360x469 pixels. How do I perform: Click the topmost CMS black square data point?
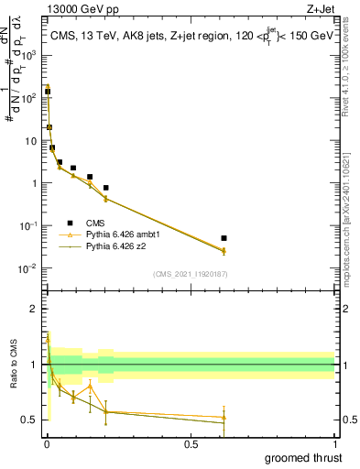48,92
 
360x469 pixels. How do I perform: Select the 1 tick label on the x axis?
334,444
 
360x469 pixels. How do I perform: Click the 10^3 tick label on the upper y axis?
27,56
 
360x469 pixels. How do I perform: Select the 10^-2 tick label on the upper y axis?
27,268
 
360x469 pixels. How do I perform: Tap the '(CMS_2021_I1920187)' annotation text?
190,273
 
